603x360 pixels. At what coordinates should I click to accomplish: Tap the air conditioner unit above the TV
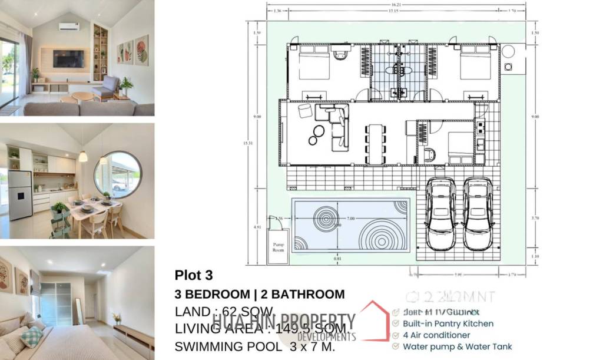pos(68,27)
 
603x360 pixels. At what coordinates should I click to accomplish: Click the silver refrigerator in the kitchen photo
pos(19,194)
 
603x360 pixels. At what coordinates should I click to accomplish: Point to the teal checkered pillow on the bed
pos(32,336)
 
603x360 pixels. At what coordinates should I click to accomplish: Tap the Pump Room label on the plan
pos(278,246)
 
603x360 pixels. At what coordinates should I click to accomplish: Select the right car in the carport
pos(477,213)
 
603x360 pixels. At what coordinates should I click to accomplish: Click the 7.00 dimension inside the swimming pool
pos(350,219)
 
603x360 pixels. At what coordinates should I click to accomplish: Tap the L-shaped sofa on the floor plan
pos(337,127)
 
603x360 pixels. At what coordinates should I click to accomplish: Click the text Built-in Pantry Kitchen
pos(448,323)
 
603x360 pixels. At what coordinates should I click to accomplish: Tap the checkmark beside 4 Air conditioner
pos(396,335)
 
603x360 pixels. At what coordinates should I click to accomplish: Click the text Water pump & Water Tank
pos(457,346)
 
